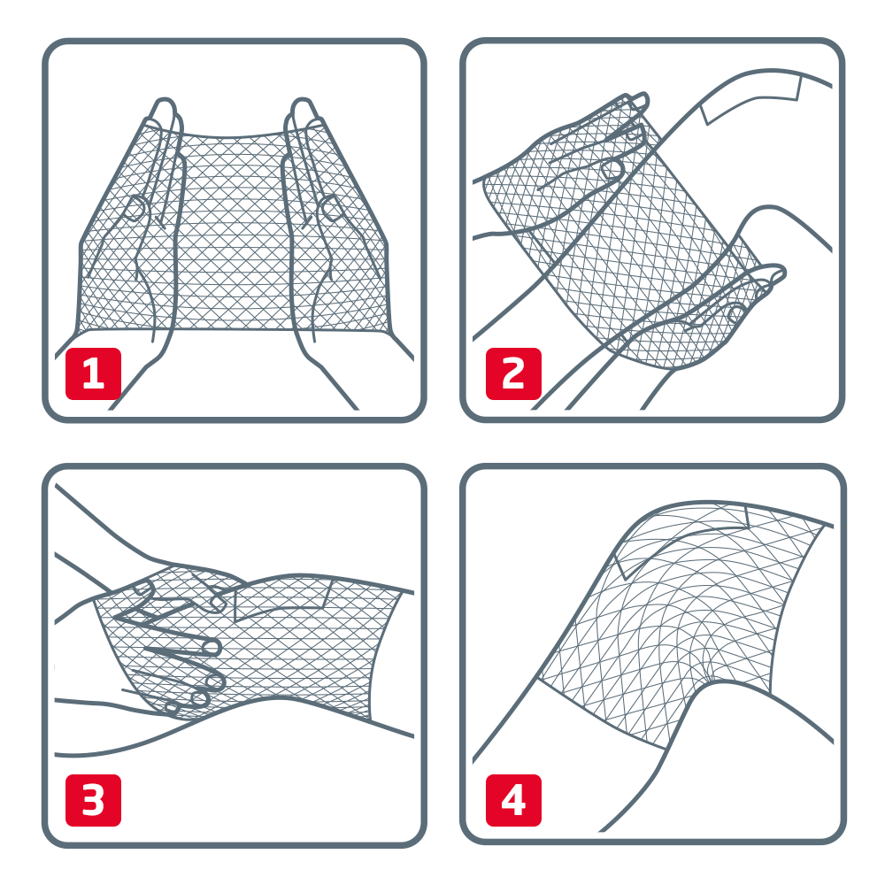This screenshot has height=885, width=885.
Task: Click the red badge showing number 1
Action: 93,373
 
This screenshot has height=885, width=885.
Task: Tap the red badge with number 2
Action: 513,373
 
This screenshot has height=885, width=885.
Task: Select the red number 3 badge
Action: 93,800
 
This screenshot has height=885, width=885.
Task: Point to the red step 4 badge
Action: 513,800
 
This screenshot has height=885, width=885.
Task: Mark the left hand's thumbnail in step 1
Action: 135,209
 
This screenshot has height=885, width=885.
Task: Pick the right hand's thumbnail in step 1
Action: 330,209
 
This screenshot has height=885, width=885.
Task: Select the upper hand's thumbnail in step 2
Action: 612,169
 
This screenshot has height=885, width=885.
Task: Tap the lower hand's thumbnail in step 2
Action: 735,312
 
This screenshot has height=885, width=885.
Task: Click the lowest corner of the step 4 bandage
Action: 667,749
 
